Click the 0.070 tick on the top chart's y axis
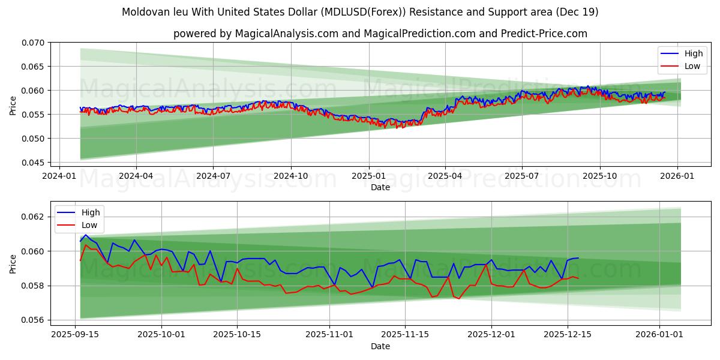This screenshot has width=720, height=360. click(32, 43)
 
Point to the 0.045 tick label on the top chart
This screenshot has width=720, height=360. click(32, 163)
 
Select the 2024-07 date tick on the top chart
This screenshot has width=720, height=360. click(214, 176)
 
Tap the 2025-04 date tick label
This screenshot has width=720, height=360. click(445, 176)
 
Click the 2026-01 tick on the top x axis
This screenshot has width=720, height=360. click(677, 176)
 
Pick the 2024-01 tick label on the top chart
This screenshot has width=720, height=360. click(59, 176)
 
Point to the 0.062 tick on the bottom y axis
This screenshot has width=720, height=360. click(32, 217)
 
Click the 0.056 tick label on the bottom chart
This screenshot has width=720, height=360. click(32, 320)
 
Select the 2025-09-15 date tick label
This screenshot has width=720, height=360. click(75, 335)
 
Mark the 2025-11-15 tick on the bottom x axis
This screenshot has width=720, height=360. click(404, 335)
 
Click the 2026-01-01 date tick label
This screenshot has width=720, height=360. click(659, 335)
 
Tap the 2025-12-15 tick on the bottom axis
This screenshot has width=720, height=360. click(568, 335)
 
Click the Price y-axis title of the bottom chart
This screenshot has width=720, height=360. click(13, 264)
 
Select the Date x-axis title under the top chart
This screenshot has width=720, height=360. click(380, 187)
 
